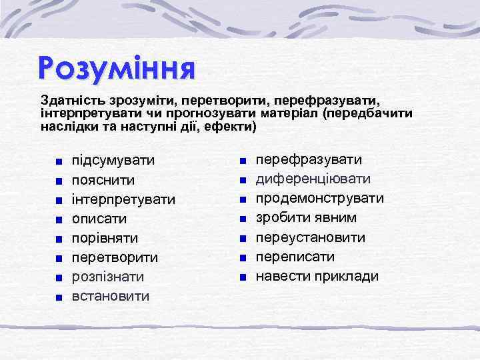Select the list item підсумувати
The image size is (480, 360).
[113, 161]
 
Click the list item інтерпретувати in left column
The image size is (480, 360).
[123, 199]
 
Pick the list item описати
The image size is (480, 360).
[99, 219]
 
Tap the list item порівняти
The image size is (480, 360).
[105, 238]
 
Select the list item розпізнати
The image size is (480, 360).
[108, 276]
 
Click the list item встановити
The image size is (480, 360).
[111, 295]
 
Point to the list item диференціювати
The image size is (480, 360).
[313, 179]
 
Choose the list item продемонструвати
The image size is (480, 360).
[320, 198]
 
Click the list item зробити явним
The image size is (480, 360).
[306, 217]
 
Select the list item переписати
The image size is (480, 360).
[295, 257]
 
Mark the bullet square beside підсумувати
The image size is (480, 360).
[60, 161]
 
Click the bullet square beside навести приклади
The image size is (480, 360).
[244, 277]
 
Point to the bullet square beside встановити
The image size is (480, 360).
[60, 296]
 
